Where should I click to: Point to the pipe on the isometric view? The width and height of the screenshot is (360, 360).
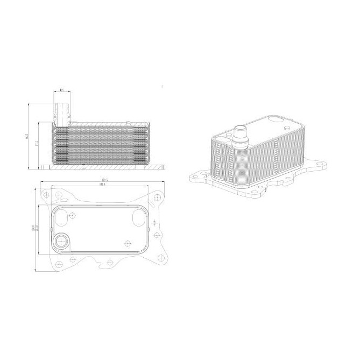point(241,136)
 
